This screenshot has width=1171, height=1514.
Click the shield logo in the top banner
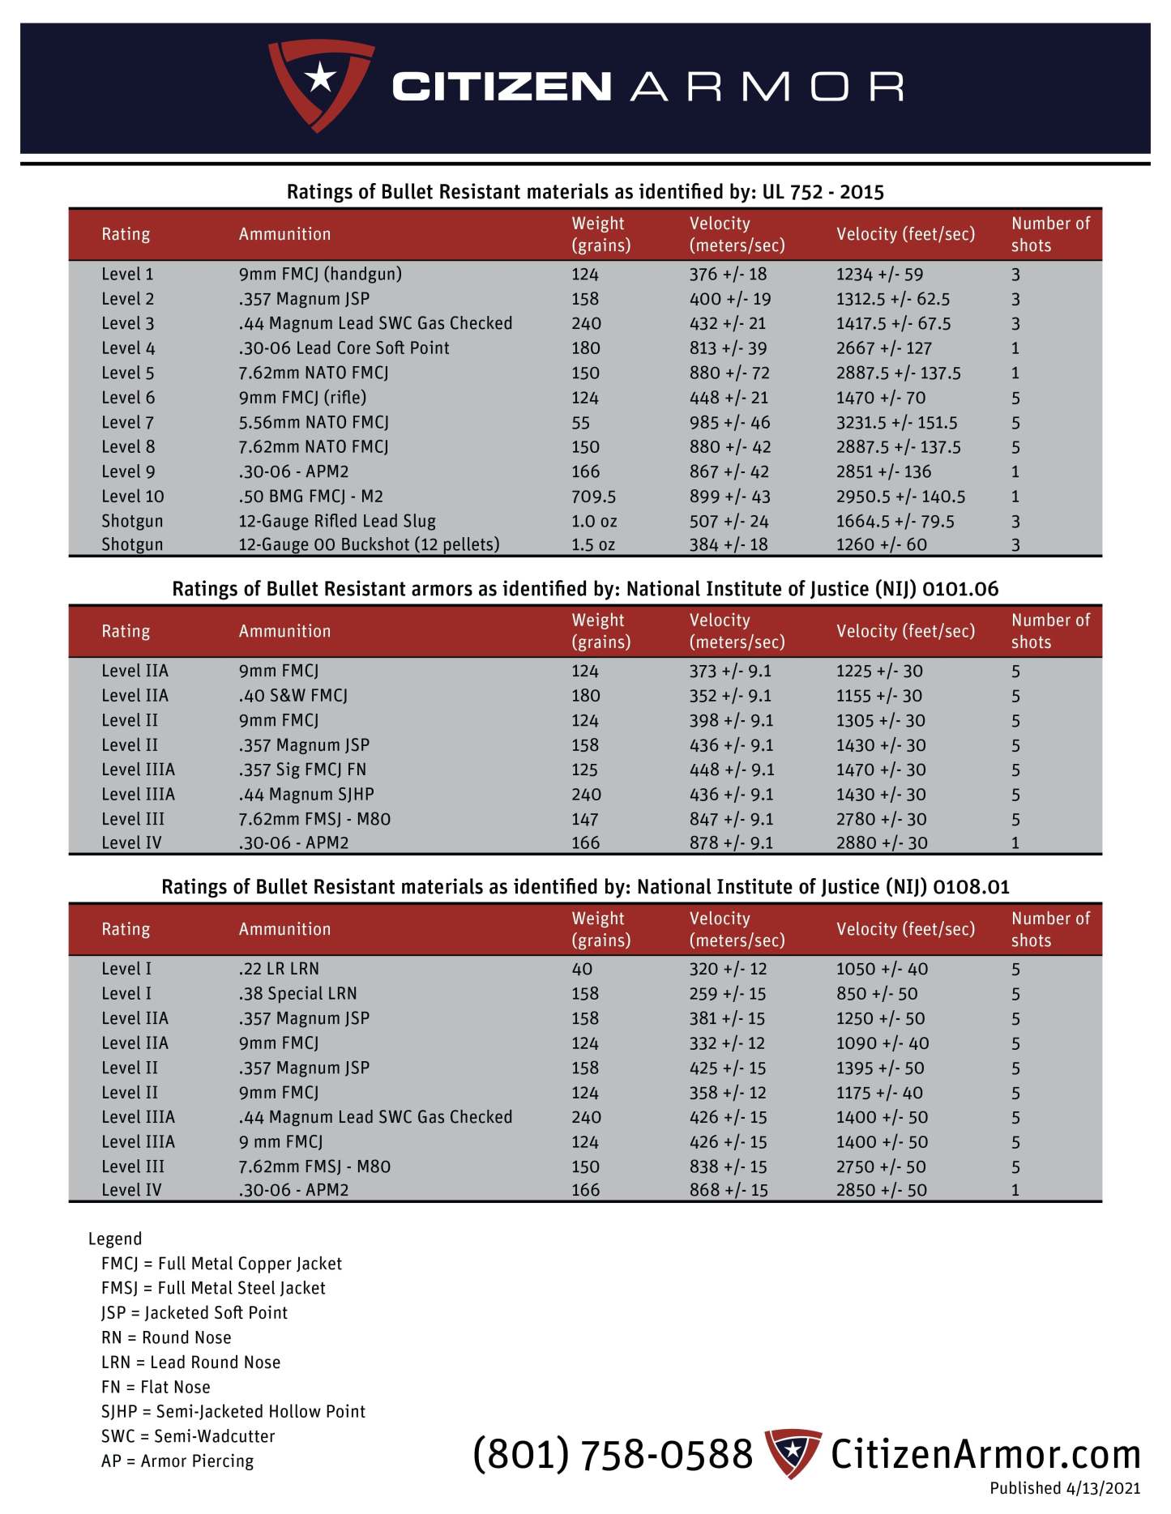pos(320,83)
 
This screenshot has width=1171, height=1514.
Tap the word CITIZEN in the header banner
pos(501,87)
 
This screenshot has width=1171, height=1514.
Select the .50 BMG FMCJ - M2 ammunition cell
pos(310,496)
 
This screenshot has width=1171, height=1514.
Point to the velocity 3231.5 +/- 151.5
pos(896,422)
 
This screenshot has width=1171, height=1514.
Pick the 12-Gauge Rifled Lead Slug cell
pos(336,521)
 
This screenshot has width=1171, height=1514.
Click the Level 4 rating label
pos(128,348)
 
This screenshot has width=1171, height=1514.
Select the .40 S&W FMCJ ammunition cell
pos(293,695)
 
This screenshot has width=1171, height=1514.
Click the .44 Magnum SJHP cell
pos(306,794)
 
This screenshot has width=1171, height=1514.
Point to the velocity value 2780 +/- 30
pos(881,819)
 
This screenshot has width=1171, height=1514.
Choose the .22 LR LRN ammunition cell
pos(278,969)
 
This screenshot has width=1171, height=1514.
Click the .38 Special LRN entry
pos(297,993)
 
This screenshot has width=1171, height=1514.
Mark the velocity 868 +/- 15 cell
pos(728,1190)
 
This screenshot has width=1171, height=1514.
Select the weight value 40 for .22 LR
pos(582,969)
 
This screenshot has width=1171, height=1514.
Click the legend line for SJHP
pos(233,1411)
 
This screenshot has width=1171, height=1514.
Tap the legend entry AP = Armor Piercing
pos(177,1461)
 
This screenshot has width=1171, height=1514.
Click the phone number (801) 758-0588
pos(613,1454)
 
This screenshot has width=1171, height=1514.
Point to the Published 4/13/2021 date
pos(1064,1488)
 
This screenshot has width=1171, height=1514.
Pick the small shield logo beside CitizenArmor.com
pos(793,1452)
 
